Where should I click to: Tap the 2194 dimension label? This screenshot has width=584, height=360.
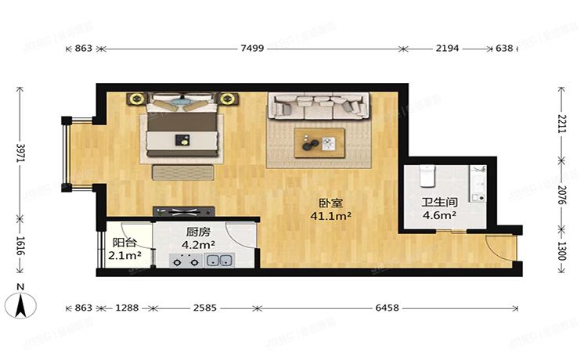coord(446,49)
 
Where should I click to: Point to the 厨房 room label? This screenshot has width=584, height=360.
coord(199,232)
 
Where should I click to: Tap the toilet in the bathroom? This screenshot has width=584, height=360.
coord(426,177)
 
